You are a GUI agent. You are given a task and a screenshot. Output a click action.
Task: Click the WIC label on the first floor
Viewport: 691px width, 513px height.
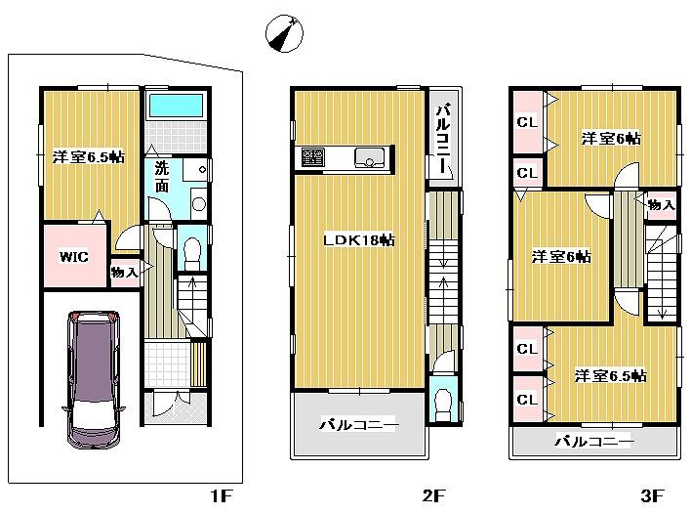pyautogui.click(x=74, y=257)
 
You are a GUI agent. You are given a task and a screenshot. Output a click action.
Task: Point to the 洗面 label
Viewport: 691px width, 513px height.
pyautogui.click(x=162, y=175)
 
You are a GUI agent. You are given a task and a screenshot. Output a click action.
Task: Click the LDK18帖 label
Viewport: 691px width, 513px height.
pyautogui.click(x=359, y=239)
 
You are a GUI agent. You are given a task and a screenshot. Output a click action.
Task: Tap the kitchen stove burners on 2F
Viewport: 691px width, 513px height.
pyautogui.click(x=313, y=157)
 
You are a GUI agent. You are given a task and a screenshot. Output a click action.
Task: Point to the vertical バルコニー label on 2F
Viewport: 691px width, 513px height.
pyautogui.click(x=442, y=138)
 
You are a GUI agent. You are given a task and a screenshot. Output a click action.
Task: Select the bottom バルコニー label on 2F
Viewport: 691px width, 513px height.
pyautogui.click(x=358, y=425)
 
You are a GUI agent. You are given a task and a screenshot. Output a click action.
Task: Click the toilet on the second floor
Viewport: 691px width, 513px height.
pyautogui.click(x=441, y=401)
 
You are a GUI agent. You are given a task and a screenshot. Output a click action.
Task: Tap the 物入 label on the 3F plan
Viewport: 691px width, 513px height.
pyautogui.click(x=661, y=204)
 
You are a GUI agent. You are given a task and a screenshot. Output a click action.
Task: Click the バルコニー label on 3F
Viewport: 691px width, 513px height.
pyautogui.click(x=594, y=442)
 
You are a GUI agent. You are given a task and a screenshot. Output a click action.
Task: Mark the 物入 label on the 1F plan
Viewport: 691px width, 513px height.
pyautogui.click(x=123, y=273)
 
